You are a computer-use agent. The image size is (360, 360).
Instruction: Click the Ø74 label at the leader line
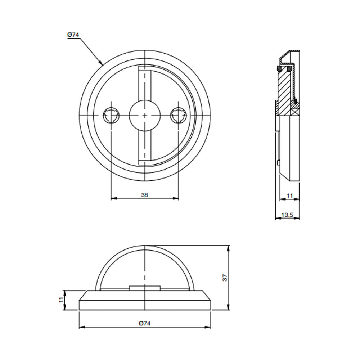click(73, 35)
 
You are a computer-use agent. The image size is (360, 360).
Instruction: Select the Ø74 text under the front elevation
click(144, 323)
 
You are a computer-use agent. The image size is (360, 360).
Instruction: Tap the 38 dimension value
click(144, 195)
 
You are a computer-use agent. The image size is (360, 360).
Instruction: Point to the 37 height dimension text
click(225, 278)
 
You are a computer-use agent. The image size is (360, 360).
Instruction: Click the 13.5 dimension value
click(287, 215)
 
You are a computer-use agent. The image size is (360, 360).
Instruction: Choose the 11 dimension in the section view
click(289, 195)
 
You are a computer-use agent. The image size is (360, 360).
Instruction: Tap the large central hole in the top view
click(144, 115)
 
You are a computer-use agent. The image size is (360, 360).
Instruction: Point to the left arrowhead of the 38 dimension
click(112, 198)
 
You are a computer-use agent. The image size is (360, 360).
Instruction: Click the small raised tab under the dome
click(144, 288)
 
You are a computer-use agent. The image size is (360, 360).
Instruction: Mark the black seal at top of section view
click(279, 68)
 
